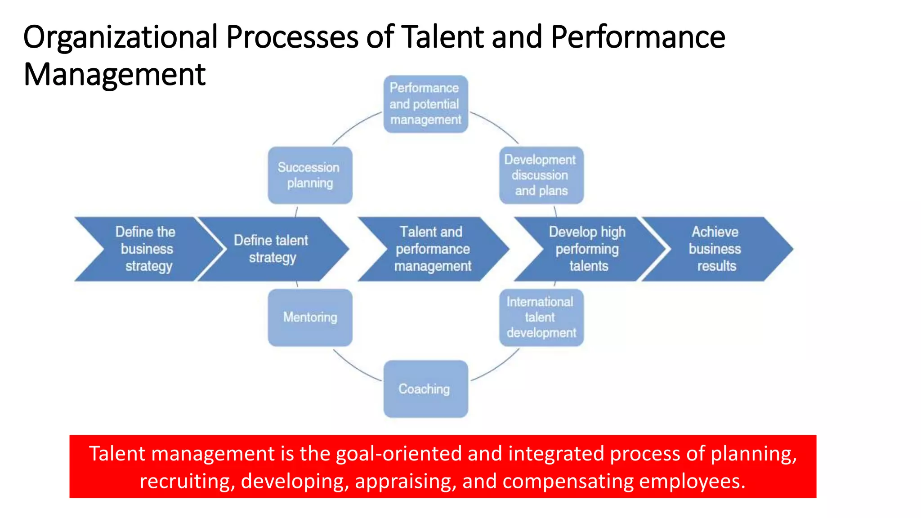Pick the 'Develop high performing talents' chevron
587,249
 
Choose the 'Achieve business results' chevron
715,249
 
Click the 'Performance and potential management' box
425,104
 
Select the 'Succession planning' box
310,175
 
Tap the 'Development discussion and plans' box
541,175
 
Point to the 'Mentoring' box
310,317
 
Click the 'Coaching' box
425,389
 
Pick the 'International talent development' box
541,317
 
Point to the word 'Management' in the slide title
114,75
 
